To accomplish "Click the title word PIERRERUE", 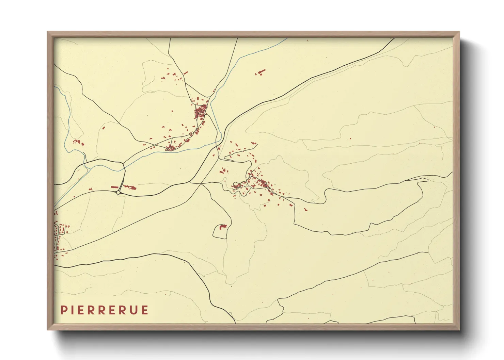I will click(x=105, y=310).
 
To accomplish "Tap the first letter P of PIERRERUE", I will click(x=63, y=310).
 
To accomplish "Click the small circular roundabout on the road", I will click(x=118, y=193).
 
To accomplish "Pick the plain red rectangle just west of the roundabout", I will click(x=114, y=187).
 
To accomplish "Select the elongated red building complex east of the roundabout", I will click(x=130, y=187).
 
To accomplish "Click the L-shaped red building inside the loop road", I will click(x=223, y=226).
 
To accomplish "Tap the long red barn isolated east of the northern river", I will click(x=261, y=72).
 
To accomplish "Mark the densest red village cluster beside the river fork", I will click(x=201, y=111).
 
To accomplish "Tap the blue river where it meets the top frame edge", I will click(x=287, y=38).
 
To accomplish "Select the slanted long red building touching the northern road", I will click(x=186, y=72).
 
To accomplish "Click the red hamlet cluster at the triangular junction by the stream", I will click(x=170, y=148).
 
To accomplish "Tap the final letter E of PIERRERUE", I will click(x=145, y=310).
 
